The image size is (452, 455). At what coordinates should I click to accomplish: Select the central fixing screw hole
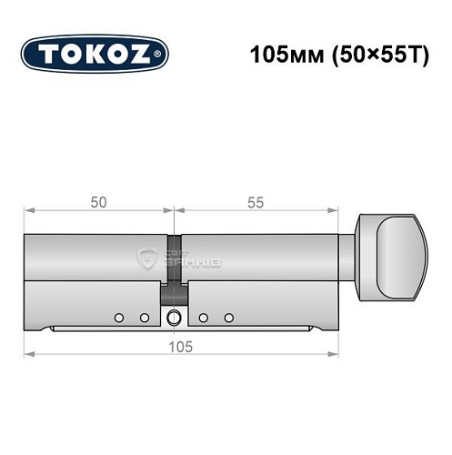pos(173,318)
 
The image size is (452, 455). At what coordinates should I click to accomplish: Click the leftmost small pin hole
pos(118,318)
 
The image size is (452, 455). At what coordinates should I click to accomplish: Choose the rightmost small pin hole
pos(229,318)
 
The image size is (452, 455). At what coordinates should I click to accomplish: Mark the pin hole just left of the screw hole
pos(144,318)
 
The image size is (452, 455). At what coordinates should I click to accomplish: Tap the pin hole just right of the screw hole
pos(204,318)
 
